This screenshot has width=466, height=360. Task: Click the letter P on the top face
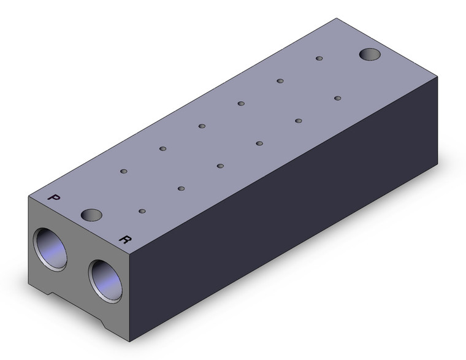[x=54, y=198]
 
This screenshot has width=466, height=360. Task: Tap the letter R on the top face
[x=125, y=239]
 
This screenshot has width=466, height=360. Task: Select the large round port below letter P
[x=50, y=250]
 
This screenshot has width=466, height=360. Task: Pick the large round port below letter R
[x=105, y=281]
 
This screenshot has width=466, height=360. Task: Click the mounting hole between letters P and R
[x=91, y=215]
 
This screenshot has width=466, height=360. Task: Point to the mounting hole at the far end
[x=370, y=54]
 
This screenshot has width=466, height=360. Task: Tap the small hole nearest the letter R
[x=142, y=211]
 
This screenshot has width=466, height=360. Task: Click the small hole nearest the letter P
[x=124, y=171]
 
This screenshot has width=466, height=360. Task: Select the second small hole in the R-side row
[x=181, y=188]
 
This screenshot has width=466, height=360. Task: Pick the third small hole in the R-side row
[x=220, y=166]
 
